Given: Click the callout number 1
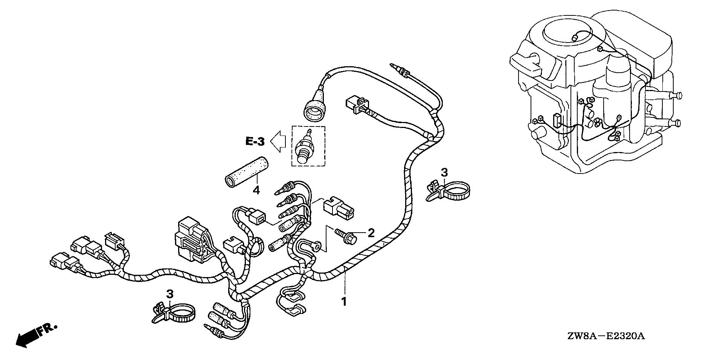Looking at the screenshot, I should [343, 301].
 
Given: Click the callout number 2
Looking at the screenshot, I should [371, 233].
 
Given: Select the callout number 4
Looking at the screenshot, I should [256, 190].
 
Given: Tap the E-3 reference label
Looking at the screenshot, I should [255, 142].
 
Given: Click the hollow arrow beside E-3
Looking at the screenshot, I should [279, 142].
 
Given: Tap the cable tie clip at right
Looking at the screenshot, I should [448, 191].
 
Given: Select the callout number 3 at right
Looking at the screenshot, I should [444, 173].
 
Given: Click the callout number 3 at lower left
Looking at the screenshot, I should [169, 294].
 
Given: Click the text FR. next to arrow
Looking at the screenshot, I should [47, 329].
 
